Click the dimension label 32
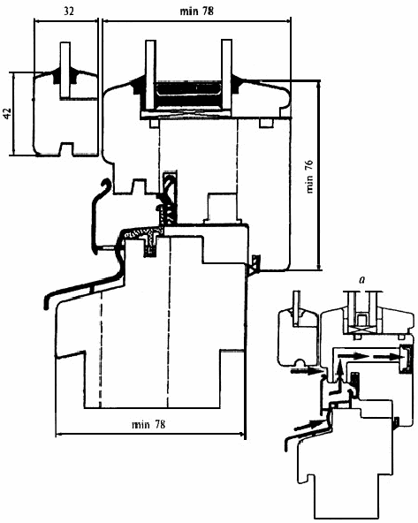68,11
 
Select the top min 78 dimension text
196,11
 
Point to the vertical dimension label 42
7,113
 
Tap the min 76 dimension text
309,177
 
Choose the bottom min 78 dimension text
148,424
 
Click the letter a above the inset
361,279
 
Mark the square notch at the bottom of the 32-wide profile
66,148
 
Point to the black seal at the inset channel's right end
406,358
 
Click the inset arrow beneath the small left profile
306,370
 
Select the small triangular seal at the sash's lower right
254,264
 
